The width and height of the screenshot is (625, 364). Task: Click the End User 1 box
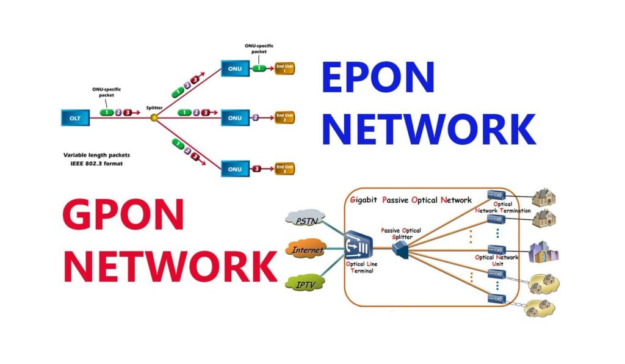284,68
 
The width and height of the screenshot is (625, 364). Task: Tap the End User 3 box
284,168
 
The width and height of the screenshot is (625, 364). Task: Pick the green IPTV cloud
303,283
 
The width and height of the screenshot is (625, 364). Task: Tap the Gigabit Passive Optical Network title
411,200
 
